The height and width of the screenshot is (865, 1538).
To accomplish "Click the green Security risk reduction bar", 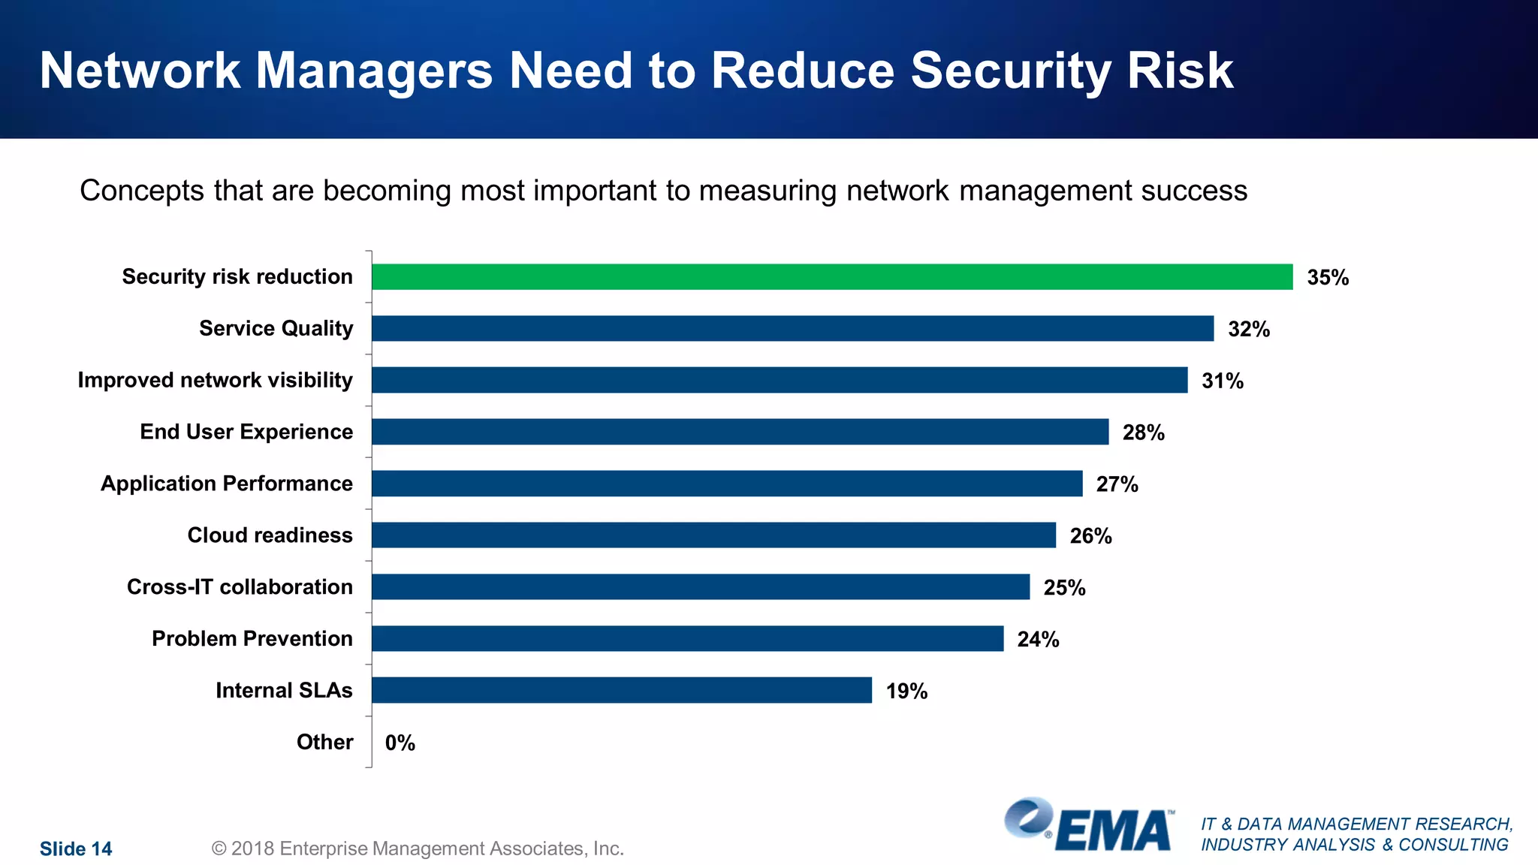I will coord(832,276).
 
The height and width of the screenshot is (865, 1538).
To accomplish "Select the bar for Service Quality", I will coord(792,328).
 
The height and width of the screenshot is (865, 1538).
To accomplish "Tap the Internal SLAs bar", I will coord(622,690).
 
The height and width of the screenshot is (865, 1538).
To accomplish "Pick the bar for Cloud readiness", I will coord(713,535).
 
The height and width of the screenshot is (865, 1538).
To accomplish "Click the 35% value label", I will coord(1328,278).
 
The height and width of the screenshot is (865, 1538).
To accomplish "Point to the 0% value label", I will coord(400,743).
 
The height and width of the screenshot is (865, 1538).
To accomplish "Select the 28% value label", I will coord(1143,432).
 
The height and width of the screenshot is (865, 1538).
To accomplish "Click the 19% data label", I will coord(906,691).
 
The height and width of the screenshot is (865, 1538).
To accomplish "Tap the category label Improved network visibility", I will coord(215,380).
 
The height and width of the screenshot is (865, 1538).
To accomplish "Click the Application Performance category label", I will coord(226,484).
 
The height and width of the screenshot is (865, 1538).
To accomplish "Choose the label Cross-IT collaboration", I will coord(240,586).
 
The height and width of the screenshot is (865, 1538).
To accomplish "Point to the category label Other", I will coord(324,742).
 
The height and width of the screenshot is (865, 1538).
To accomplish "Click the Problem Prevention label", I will coord(252,638).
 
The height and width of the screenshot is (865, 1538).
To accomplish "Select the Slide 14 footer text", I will coord(76,848).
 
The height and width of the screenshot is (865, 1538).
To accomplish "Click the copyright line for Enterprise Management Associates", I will coord(418,848).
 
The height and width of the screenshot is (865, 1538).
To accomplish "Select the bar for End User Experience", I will coord(740,432).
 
